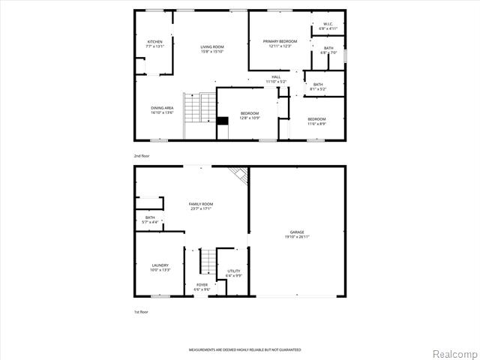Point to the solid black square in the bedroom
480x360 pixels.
pos(222,120)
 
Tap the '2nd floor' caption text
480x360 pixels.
pos(142,155)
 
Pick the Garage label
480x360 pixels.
pos(298,234)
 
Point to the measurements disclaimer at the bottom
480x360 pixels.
pos(244,350)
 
